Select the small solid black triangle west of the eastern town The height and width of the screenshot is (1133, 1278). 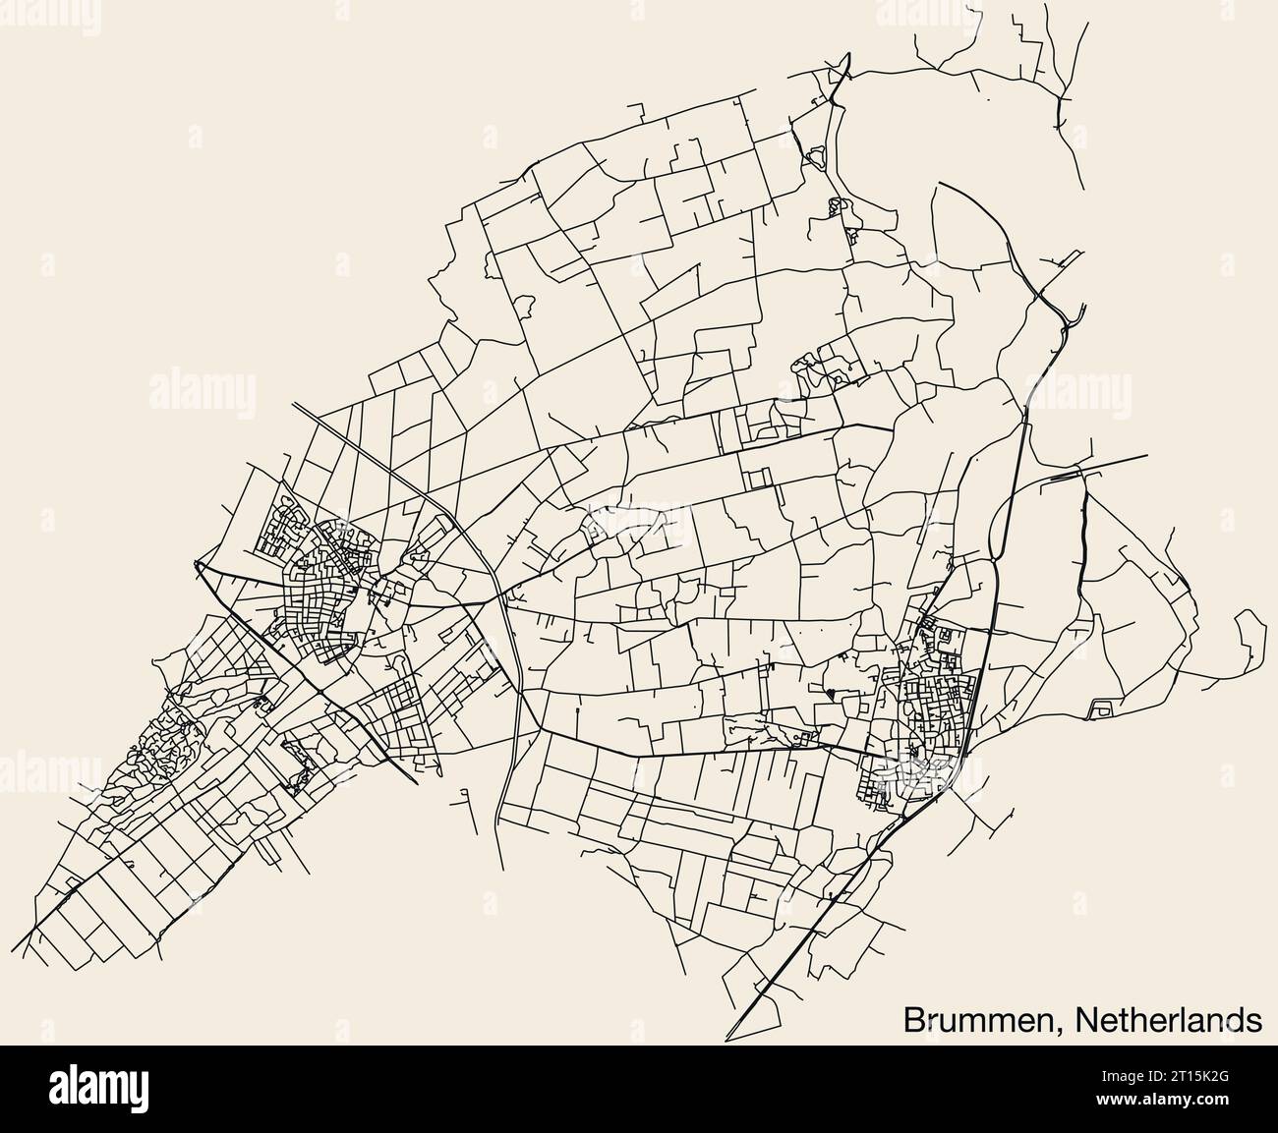click(x=832, y=694)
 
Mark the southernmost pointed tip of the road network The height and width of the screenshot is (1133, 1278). click(x=727, y=1038)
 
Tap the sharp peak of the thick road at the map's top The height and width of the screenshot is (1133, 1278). click(x=847, y=69)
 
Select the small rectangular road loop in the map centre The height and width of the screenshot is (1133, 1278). click(x=758, y=479)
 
